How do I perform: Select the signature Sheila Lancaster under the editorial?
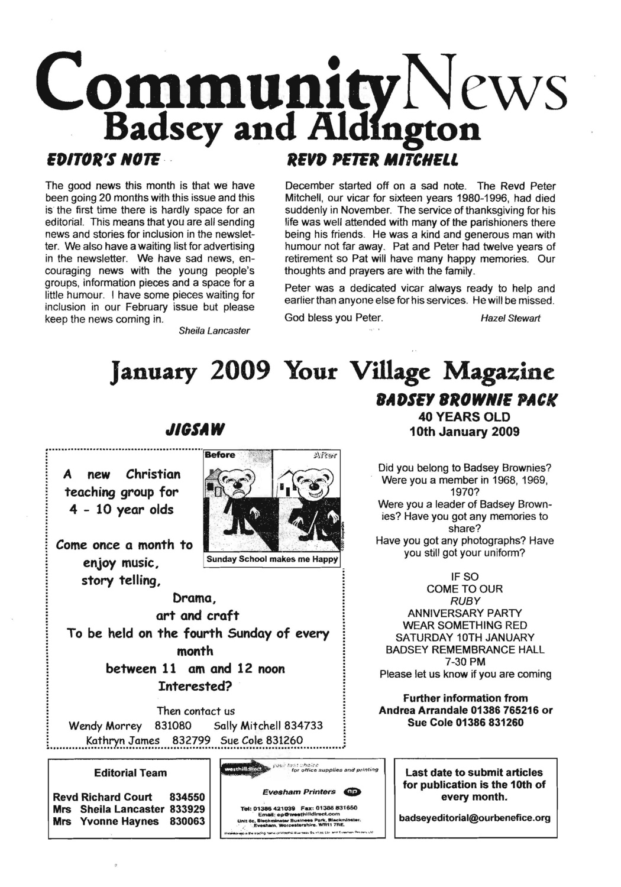pos(214,331)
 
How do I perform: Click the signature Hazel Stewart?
pos(510,318)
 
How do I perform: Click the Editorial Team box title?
pos(130,772)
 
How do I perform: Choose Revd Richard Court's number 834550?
pos(187,797)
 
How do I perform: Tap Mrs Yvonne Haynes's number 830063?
pos(187,821)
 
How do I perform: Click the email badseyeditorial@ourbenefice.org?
pos(475,818)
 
